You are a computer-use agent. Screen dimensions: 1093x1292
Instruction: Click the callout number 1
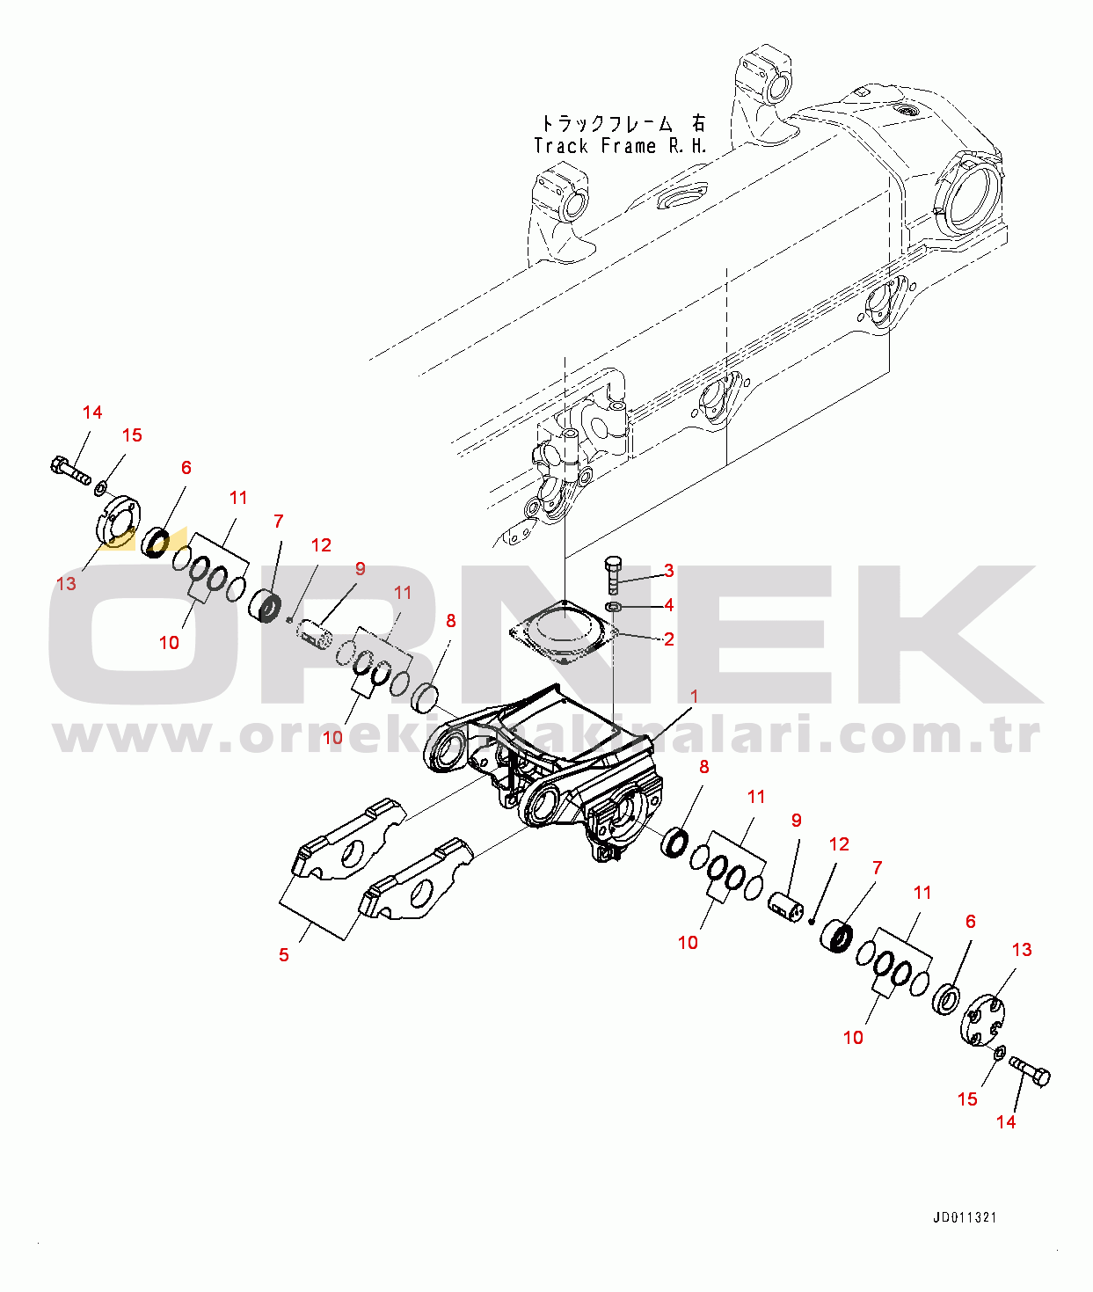pos(694,696)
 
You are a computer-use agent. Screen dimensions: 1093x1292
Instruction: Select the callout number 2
pos(668,639)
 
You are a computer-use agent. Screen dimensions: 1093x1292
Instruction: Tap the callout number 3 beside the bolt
pos(668,570)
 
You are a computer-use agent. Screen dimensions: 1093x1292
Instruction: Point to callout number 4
pos(668,604)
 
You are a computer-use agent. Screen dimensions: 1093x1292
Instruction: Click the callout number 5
pos(284,954)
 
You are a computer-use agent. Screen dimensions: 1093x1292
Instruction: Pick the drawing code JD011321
pos(965,1217)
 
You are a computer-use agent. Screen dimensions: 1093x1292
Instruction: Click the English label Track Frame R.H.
pos(620,146)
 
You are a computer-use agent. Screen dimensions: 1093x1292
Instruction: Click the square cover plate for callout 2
pos(565,632)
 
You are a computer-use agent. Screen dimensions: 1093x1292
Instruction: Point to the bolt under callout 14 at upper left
pos(70,472)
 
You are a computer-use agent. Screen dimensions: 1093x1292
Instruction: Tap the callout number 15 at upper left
pos(132,435)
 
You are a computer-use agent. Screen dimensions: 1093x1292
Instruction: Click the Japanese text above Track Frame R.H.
pos(623,122)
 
